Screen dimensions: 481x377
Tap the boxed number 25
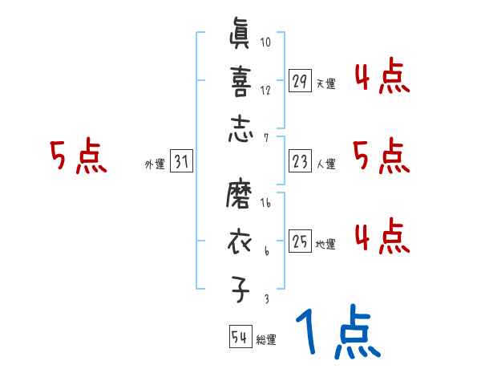click(x=300, y=241)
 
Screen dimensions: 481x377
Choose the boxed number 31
click(x=181, y=163)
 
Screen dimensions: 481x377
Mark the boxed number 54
click(x=238, y=337)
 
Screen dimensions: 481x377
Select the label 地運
click(x=325, y=244)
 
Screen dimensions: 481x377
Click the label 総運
click(x=266, y=340)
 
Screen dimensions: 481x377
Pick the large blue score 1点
click(x=338, y=334)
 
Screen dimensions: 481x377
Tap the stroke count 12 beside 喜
click(x=265, y=89)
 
